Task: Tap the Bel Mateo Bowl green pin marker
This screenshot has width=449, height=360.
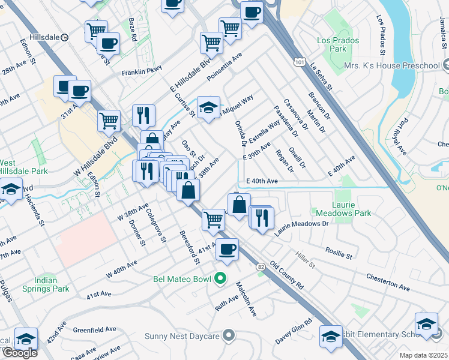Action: [220, 278]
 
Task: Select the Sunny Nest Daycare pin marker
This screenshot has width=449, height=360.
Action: [228, 335]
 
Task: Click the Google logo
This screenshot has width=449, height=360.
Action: [19, 353]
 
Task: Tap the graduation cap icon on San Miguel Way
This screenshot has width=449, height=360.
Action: [208, 107]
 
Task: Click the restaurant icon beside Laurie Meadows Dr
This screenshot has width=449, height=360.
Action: [261, 217]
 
